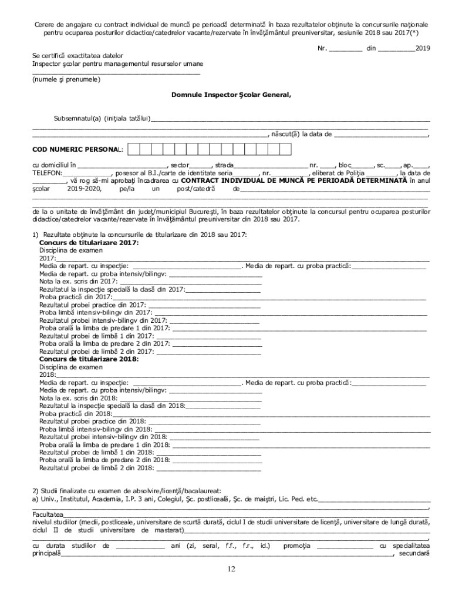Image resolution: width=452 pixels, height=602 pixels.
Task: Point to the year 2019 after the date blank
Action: [x=422, y=47]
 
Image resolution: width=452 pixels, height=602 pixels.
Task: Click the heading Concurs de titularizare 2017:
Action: [x=89, y=242]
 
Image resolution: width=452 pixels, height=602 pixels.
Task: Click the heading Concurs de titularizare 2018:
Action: [x=89, y=359]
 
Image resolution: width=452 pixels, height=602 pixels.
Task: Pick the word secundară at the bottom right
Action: [x=414, y=553]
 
